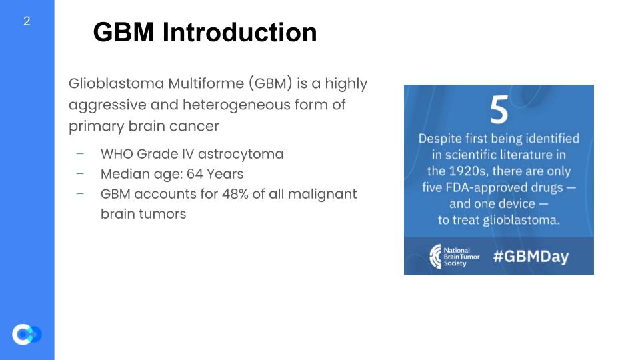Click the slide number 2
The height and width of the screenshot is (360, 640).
(27, 21)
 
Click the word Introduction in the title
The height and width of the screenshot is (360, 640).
(239, 32)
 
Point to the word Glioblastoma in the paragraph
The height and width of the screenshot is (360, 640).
(116, 83)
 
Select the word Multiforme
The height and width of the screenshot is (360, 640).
(206, 83)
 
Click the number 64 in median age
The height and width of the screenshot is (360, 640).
(195, 174)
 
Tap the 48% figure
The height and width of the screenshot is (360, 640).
(235, 194)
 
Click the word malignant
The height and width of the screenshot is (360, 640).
(322, 195)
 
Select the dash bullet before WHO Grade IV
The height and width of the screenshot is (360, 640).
(80, 154)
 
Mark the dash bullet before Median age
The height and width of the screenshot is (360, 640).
(80, 174)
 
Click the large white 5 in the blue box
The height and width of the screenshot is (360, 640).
(499, 109)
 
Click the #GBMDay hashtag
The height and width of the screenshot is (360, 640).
(531, 256)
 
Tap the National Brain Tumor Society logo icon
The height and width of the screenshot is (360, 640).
(435, 256)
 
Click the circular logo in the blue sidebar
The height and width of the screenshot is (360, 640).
(26, 335)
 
